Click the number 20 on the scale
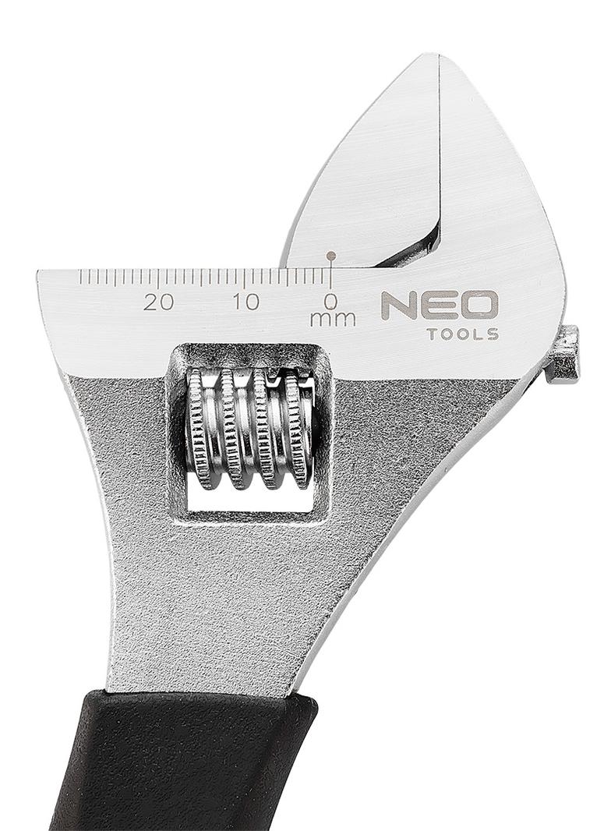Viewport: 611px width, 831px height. [158, 302]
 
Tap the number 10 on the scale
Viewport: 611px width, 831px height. [245, 302]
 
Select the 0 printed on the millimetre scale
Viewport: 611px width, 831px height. [332, 302]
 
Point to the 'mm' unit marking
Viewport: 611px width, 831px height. [333, 319]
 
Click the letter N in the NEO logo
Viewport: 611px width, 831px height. [399, 306]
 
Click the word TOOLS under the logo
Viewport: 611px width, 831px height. [463, 334]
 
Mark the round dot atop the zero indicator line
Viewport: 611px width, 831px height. [332, 255]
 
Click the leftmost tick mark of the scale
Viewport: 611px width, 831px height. [80, 278]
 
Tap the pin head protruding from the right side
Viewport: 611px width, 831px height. [563, 355]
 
